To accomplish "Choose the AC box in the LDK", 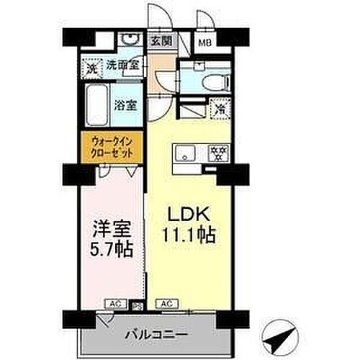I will click(x=166, y=304).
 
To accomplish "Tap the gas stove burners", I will click(x=217, y=153).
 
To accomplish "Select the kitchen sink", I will click(x=184, y=152).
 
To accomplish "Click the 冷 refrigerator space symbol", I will click(x=217, y=111).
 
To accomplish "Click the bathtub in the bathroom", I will click(x=96, y=105).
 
